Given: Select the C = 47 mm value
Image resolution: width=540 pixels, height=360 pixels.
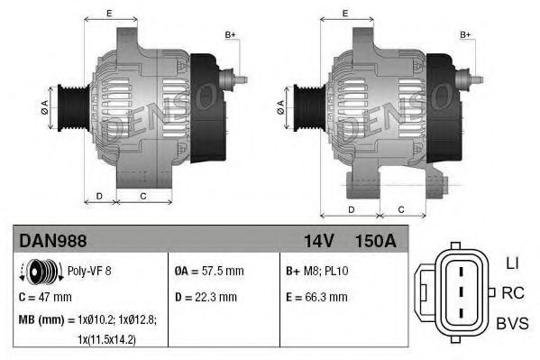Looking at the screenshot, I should pos(45,296).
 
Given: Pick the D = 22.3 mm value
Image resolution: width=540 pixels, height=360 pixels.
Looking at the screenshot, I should pos(206,296).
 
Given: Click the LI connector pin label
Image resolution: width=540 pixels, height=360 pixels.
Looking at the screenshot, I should pos(511,263).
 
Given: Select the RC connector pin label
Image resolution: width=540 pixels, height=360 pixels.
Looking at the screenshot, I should pos(512,292).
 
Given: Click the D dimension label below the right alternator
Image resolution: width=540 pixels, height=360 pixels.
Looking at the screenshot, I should pos(350,208).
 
